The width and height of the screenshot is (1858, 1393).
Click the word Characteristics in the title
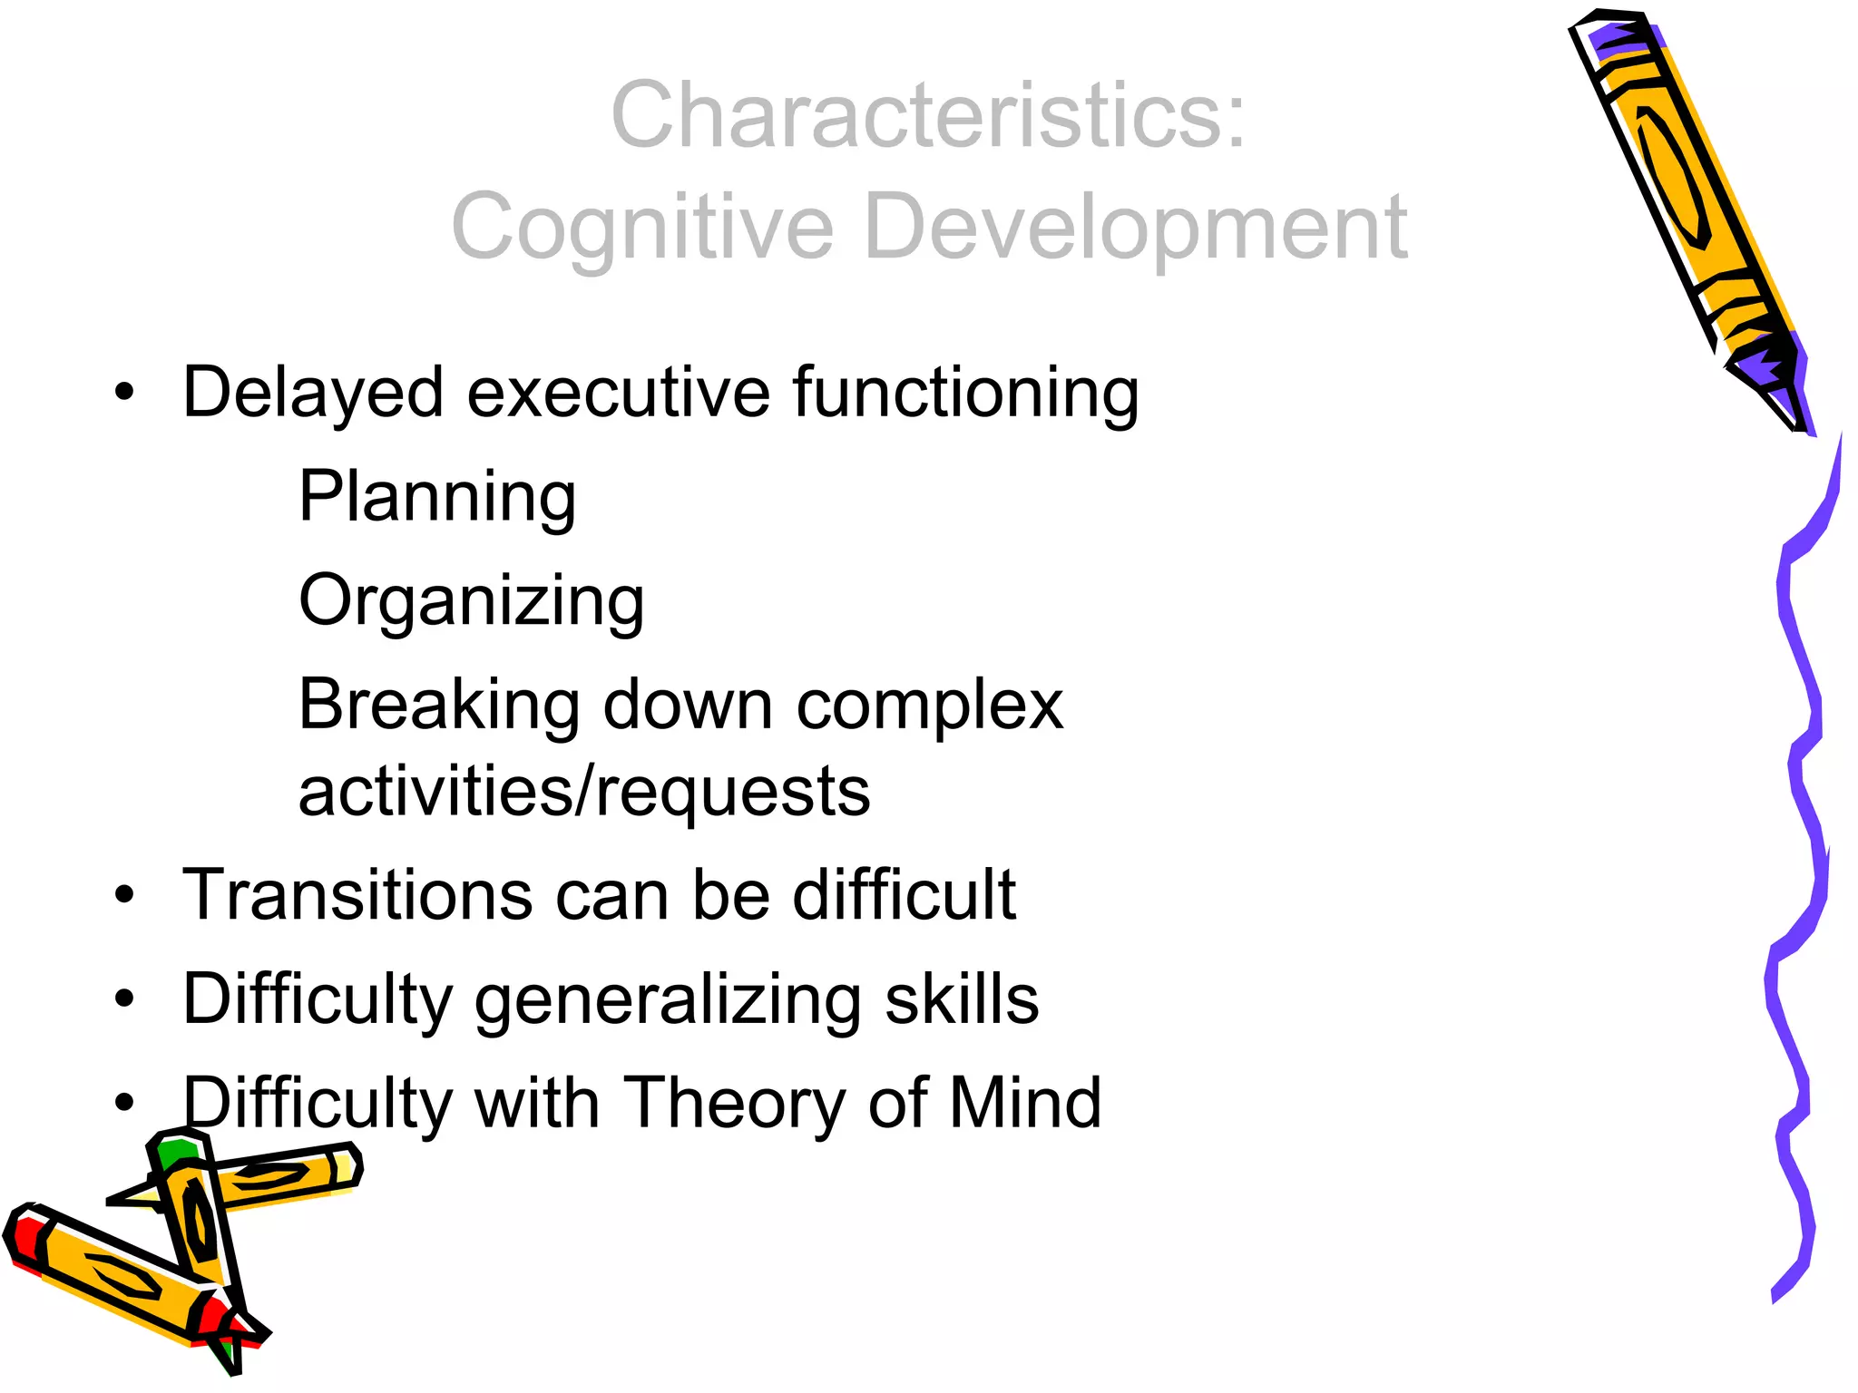pos(916,115)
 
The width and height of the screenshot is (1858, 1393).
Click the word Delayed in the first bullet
pos(313,392)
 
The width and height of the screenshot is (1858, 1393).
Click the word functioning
pos(965,394)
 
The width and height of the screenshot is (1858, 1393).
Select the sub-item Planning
pos(437,498)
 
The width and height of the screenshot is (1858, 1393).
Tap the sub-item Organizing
pos(471,602)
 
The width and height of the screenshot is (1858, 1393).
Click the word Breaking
pos(439,706)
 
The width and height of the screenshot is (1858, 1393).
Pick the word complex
pos(929,706)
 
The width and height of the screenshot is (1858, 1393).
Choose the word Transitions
pos(357,895)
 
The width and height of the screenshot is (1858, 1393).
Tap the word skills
pos(962,999)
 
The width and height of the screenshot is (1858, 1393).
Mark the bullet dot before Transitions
pos(124,896)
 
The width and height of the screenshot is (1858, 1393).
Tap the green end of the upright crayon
pos(174,1154)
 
